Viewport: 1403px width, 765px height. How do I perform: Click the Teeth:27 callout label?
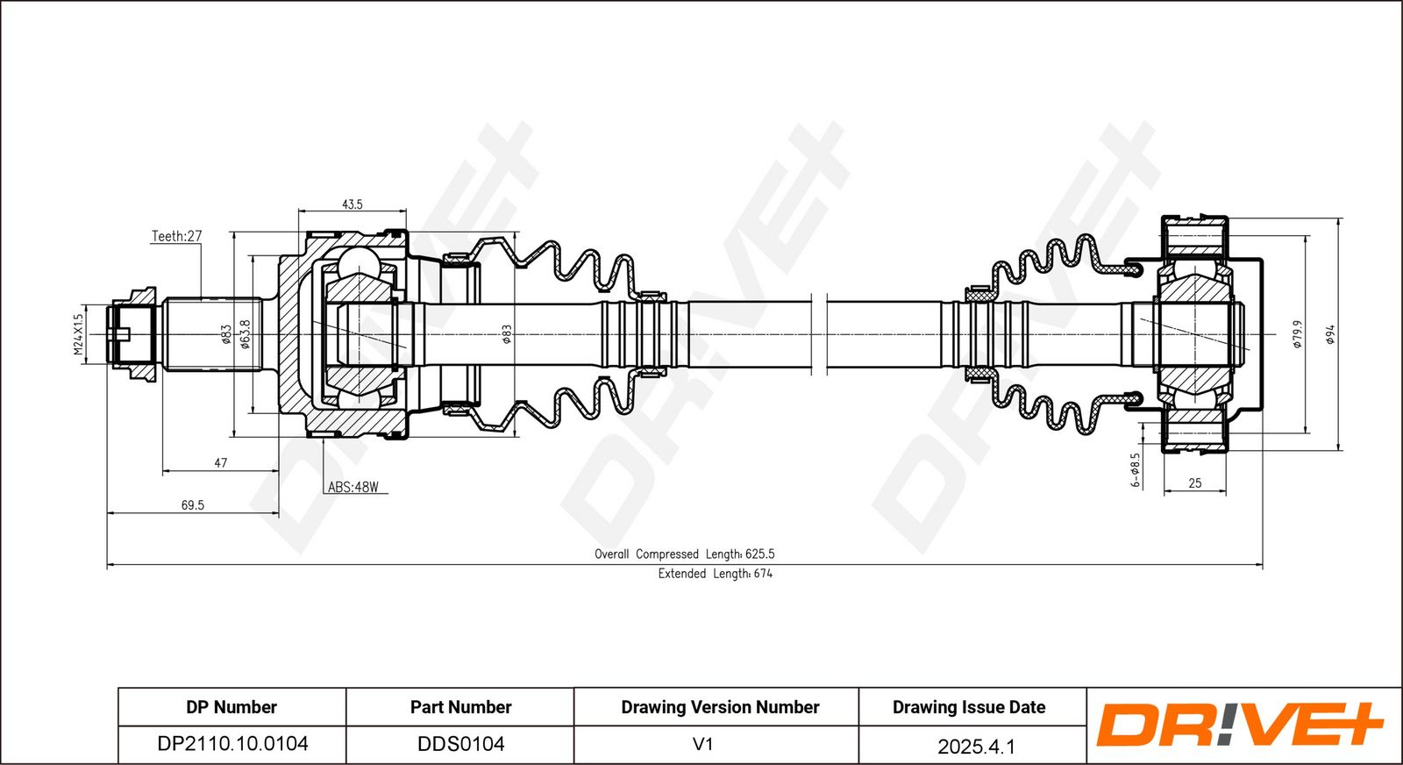tap(176, 236)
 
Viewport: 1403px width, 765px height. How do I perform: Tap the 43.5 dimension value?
tap(352, 204)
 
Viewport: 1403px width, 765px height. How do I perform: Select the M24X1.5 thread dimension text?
tap(78, 334)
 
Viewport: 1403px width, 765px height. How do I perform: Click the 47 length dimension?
tap(220, 463)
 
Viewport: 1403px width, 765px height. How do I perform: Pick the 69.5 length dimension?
tap(192, 505)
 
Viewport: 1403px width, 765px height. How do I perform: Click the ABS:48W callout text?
tap(353, 487)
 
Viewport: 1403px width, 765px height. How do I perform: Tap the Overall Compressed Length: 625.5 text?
tap(685, 554)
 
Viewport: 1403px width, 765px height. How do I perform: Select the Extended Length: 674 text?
tap(716, 573)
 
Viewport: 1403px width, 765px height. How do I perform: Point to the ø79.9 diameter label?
tap(1298, 334)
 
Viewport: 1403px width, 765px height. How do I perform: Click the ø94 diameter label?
tap(1330, 334)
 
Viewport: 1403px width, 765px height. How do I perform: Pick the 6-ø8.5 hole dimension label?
tap(1136, 470)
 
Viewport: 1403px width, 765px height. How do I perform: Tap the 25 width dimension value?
tap(1195, 483)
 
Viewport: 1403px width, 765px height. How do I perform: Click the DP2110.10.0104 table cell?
tap(232, 744)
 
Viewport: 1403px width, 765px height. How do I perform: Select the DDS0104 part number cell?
tap(461, 744)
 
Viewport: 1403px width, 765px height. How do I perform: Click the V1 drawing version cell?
tap(702, 744)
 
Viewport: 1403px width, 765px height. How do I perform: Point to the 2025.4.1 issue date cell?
tap(976, 747)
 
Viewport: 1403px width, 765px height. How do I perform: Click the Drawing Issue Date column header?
tap(969, 707)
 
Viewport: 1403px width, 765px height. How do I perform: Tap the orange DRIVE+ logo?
tap(1239, 725)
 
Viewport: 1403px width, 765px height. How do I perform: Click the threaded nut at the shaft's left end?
tap(132, 334)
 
